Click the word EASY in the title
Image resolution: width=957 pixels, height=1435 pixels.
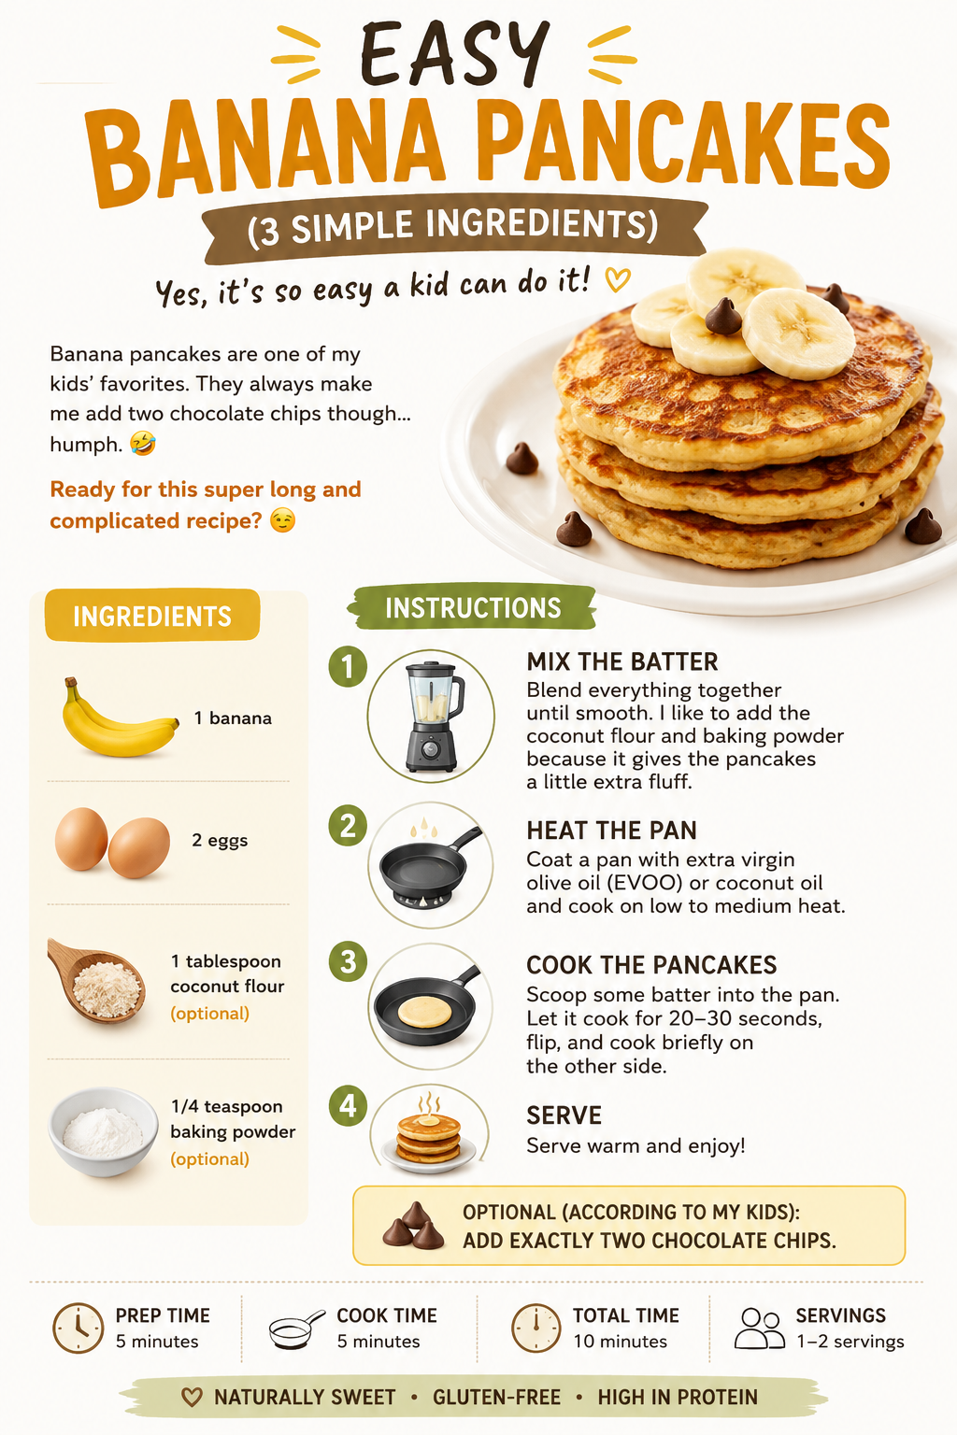(x=454, y=53)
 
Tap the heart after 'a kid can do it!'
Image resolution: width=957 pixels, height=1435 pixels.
(x=618, y=279)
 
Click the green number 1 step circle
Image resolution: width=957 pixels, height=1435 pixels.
(x=348, y=667)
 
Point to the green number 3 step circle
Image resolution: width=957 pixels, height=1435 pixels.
(x=348, y=961)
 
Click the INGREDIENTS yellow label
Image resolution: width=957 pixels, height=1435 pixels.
(x=152, y=615)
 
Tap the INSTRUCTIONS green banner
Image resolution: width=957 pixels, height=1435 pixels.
(x=472, y=607)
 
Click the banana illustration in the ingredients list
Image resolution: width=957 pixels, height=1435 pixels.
(x=119, y=718)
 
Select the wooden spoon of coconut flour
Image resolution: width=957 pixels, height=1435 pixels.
(x=96, y=980)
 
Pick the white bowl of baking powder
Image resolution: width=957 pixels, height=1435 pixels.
(x=103, y=1132)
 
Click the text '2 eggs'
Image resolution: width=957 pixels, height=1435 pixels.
(x=220, y=841)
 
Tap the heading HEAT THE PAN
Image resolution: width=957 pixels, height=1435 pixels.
(x=611, y=831)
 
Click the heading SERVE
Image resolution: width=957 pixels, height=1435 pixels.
(x=564, y=1115)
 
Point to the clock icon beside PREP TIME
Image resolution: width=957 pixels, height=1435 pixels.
(x=79, y=1328)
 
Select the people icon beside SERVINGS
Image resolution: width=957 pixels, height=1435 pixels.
(x=760, y=1328)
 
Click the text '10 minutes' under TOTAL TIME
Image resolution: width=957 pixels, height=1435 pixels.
(x=620, y=1342)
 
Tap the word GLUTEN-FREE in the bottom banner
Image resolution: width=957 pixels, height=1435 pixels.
(x=497, y=1398)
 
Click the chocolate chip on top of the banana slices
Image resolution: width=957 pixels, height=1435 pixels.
(x=723, y=316)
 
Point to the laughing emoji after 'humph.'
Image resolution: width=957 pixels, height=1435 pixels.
(x=142, y=443)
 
